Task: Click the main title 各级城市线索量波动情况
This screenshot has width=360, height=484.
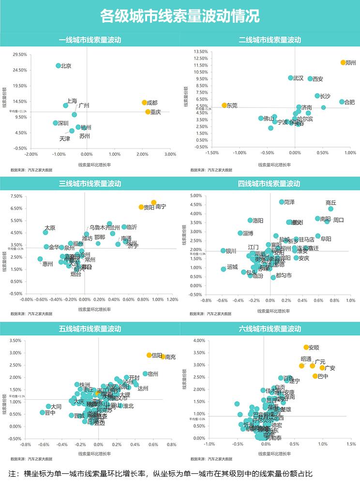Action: coord(180,16)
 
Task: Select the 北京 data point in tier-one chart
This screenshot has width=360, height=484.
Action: coord(59,66)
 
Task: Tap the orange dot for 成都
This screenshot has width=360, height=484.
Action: coord(144,103)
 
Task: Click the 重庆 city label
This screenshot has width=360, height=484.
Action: coord(156,112)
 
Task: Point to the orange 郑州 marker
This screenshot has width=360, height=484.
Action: coord(343,62)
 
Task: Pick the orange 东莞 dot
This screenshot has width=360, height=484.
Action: coord(224,105)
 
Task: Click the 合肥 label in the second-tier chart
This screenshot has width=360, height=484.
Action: coord(349,102)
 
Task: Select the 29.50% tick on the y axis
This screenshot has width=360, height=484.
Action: coord(20,55)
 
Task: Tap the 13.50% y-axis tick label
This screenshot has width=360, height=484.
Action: coord(199,51)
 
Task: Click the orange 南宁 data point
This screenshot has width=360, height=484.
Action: coord(153,202)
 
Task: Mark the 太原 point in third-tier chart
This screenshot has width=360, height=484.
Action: coord(45,232)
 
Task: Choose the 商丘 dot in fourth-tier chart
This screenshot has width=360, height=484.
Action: coord(331,209)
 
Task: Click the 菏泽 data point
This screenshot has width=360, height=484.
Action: coord(282,202)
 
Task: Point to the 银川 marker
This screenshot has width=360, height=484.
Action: coord(223,251)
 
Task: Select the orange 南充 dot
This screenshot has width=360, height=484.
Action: coord(163,356)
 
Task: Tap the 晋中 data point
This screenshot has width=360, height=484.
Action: coord(43,412)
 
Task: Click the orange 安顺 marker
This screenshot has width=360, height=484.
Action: coord(306,347)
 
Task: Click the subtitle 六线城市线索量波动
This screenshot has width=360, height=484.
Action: coord(270,329)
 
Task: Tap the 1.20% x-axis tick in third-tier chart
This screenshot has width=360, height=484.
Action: coord(172,299)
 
